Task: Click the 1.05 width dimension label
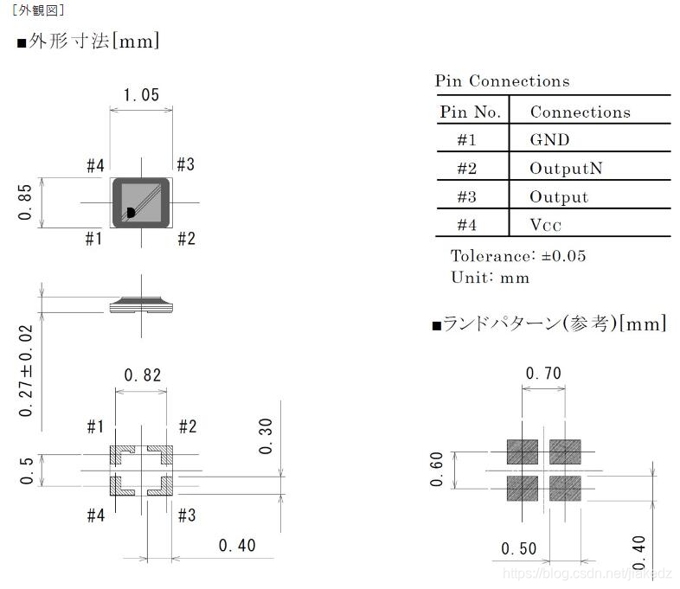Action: [x=141, y=95]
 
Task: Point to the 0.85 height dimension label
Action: [x=25, y=202]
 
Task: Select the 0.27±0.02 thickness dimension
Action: [x=26, y=371]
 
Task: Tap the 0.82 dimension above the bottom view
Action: [x=142, y=375]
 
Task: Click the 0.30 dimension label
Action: [x=266, y=436]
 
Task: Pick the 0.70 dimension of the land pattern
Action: [x=543, y=373]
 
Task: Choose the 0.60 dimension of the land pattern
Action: [x=436, y=469]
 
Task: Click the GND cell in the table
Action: [x=549, y=139]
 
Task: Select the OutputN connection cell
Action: [x=566, y=168]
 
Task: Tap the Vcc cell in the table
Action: [x=546, y=225]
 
